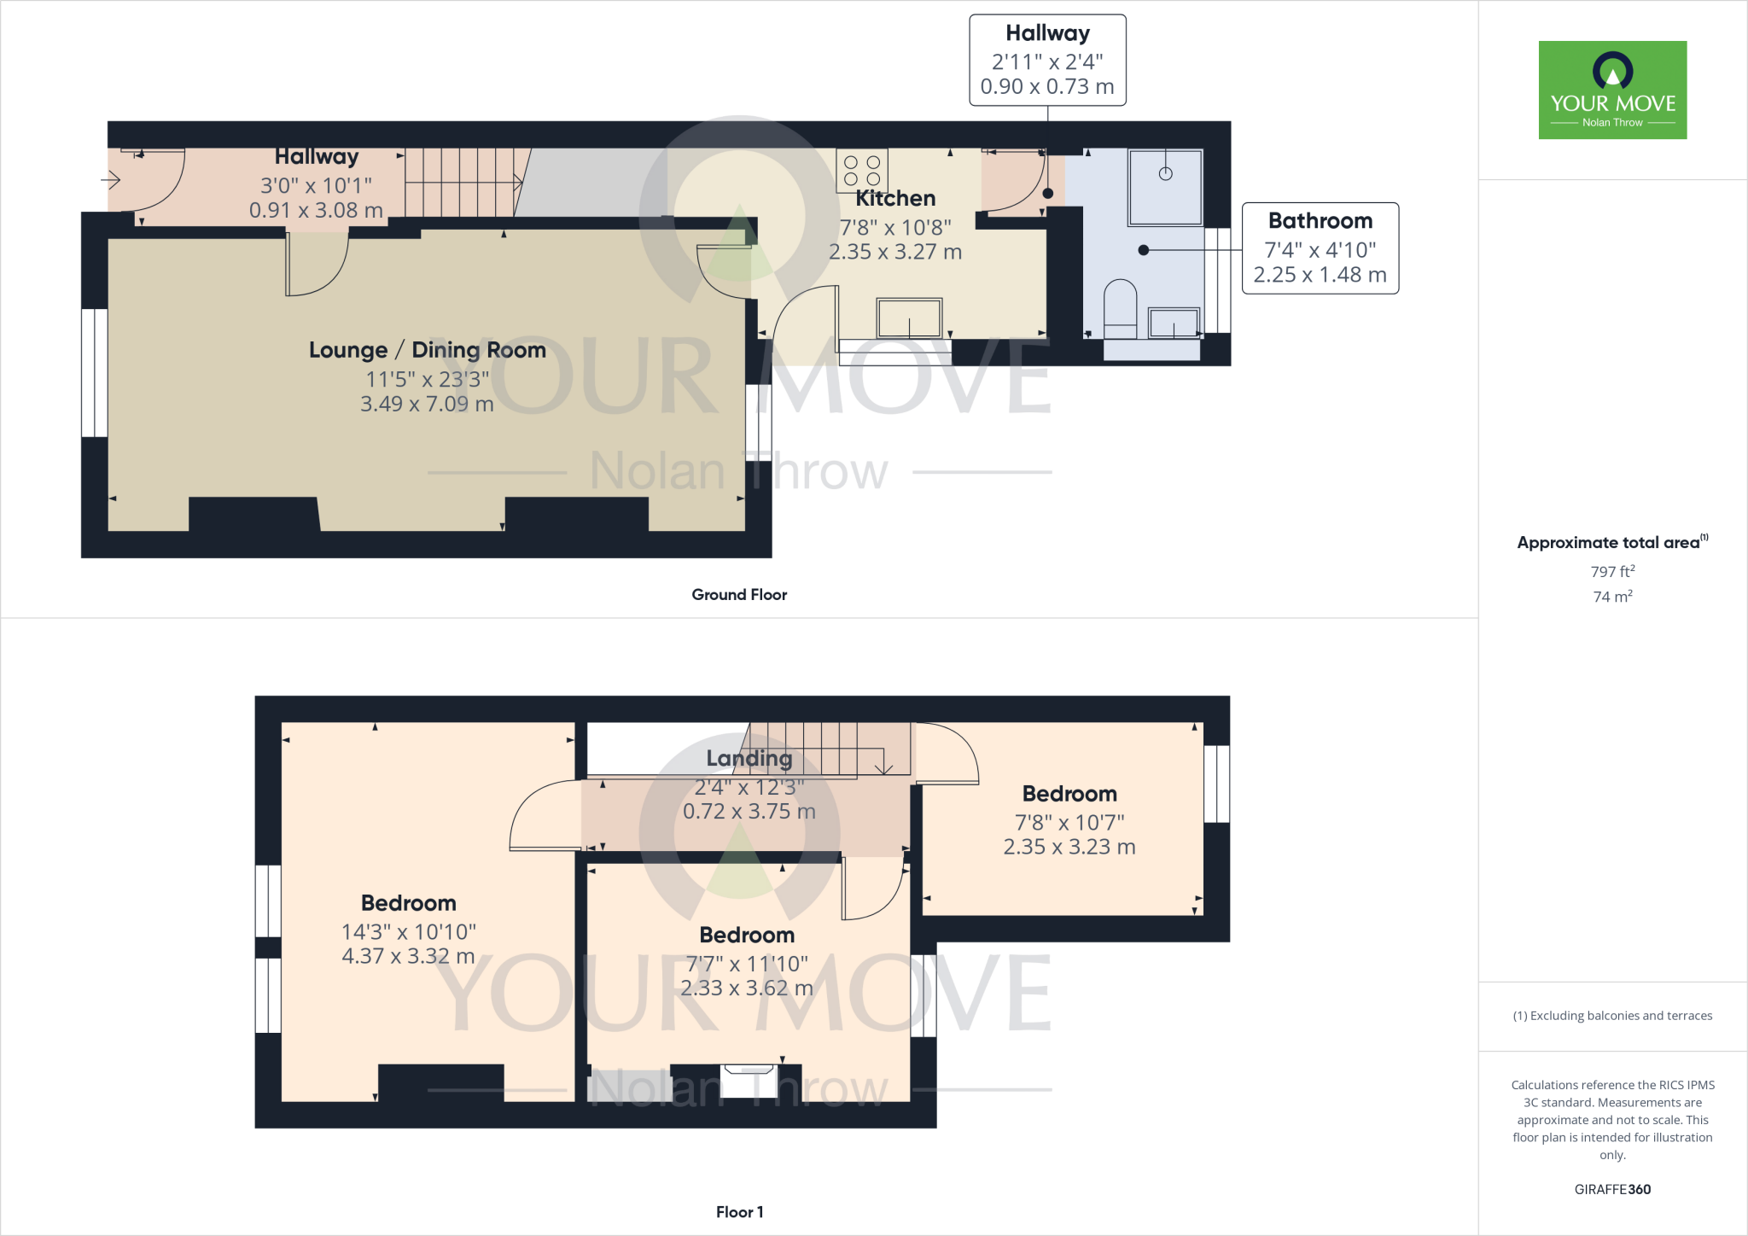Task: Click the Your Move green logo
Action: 1612,90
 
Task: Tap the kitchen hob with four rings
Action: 862,170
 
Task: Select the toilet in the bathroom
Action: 1121,308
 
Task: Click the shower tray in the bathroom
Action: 1165,187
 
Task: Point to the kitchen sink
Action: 909,318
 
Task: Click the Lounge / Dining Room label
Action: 428,350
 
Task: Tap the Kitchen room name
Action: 895,199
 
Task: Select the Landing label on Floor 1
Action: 749,759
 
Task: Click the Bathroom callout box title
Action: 1320,221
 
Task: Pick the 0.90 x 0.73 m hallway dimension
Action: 1047,87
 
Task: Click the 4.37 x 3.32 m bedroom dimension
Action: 408,956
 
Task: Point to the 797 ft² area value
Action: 1612,571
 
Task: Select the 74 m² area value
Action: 1612,596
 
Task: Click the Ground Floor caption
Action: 739,595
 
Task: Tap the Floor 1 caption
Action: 739,1212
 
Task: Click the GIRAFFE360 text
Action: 1612,1189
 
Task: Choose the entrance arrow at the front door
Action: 111,180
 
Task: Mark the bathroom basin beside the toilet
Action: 1174,323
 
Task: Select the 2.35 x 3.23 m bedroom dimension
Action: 1069,847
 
